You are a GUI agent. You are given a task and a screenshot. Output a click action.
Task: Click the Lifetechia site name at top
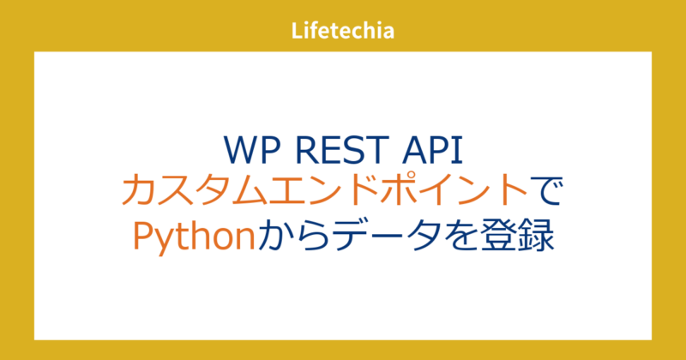pos(343,32)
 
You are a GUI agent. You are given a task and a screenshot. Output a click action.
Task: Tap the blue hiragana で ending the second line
pos(546,191)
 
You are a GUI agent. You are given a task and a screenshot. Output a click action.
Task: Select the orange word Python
pos(194,233)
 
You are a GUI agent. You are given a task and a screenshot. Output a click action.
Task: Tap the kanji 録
pos(538,233)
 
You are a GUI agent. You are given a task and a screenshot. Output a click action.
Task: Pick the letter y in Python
pos(160,236)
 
